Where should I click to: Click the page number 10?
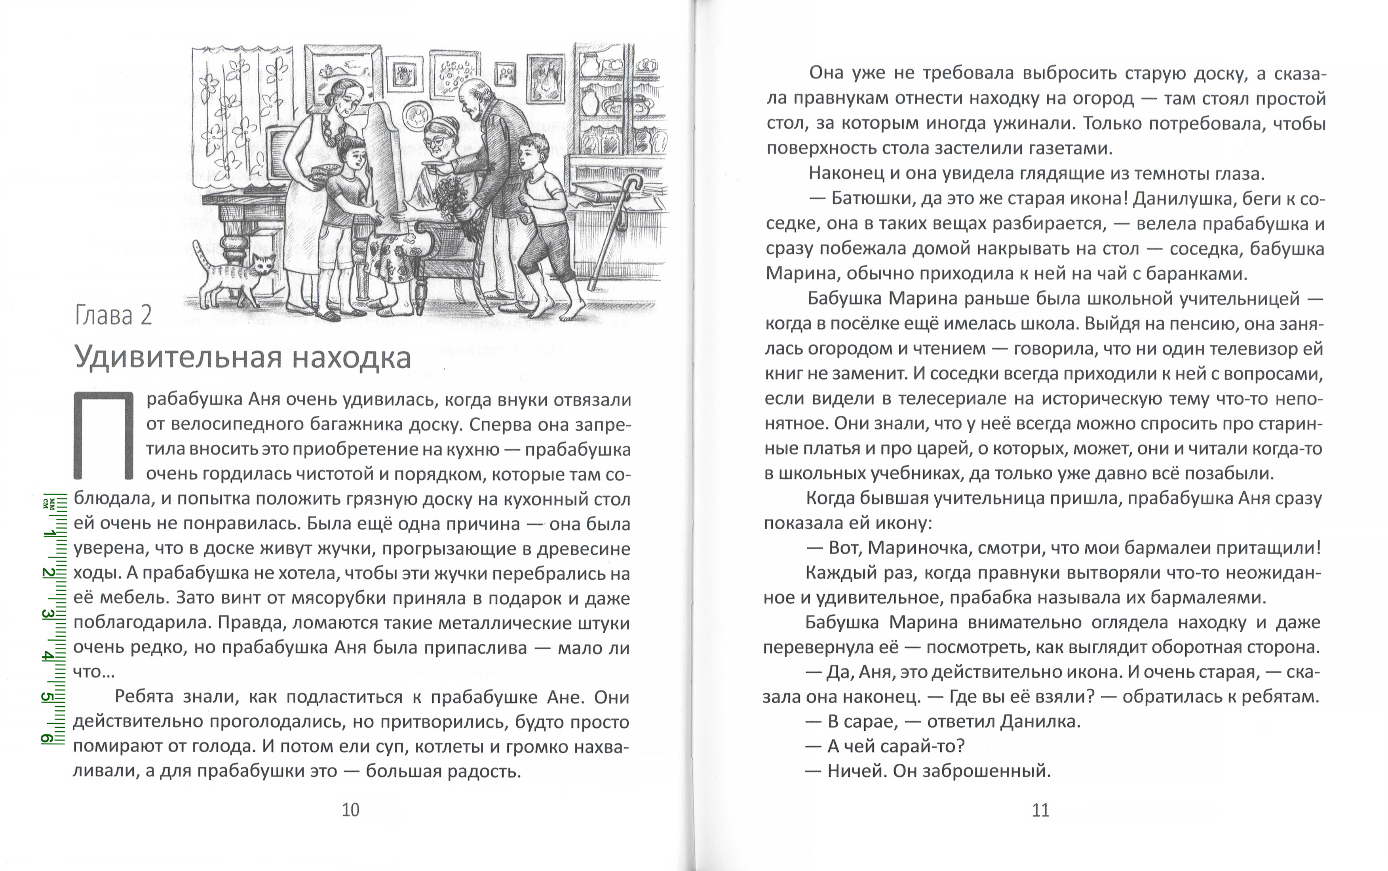(x=350, y=810)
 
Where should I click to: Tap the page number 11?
(x=1040, y=810)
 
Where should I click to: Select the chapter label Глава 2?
(x=114, y=316)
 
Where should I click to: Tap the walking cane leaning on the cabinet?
(x=616, y=230)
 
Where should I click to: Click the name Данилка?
(x=1038, y=721)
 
